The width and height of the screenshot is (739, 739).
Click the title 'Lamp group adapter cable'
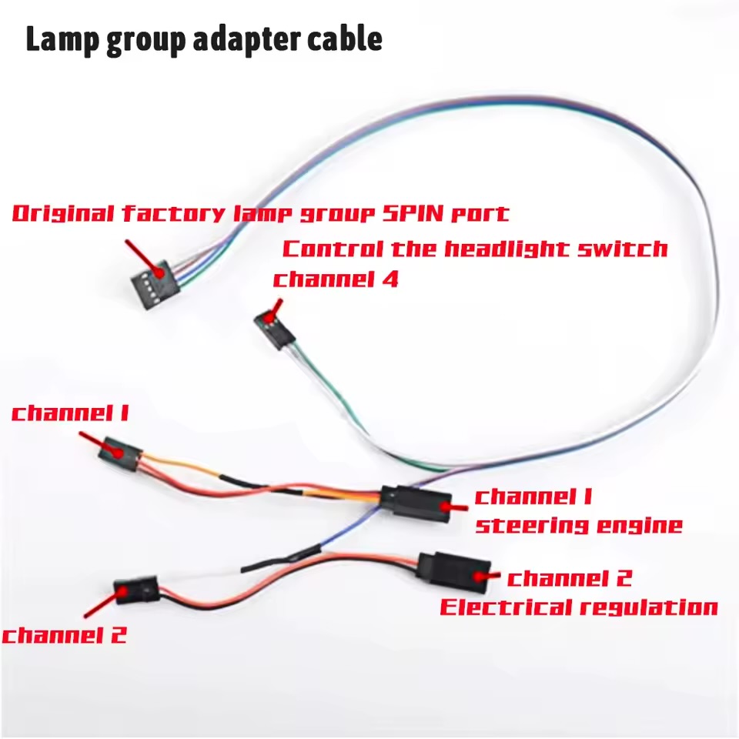(x=203, y=39)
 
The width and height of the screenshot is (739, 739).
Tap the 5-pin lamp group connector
(x=155, y=284)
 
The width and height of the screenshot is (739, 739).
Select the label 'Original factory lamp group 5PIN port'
(x=261, y=213)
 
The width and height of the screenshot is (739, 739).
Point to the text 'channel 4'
(x=336, y=279)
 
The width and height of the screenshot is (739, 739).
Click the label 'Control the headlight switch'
(x=475, y=249)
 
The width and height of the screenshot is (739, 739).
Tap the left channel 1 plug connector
(x=120, y=454)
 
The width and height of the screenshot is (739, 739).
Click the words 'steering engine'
(x=579, y=524)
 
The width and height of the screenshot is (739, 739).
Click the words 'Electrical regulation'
(x=579, y=607)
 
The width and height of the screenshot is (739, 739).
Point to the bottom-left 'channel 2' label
(x=65, y=635)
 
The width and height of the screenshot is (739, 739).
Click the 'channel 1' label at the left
(x=70, y=413)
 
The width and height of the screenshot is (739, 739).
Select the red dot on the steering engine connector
(x=445, y=507)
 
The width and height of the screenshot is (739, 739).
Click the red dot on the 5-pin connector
(x=161, y=273)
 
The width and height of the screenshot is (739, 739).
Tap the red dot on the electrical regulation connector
(x=480, y=576)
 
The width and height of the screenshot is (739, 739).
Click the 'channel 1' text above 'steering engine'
(x=533, y=497)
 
